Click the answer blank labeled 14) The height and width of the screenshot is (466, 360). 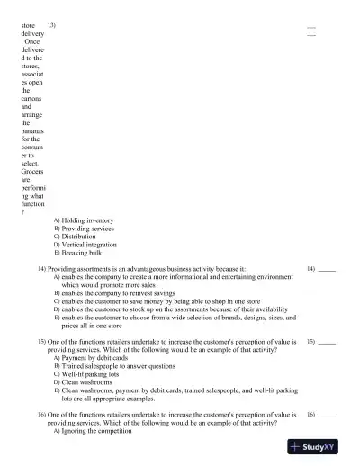point(328,269)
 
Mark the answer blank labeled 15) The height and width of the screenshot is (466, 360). point(328,343)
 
